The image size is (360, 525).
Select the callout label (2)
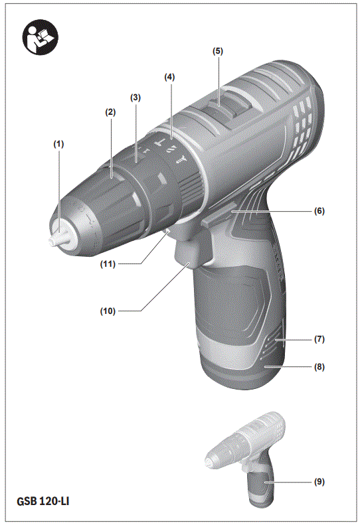coord(110,113)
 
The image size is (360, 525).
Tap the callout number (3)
coord(135,98)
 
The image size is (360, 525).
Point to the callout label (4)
coord(170,77)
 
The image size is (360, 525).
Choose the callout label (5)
coord(218,50)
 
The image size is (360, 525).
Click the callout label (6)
coord(319,210)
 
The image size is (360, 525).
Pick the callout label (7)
coord(319,339)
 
